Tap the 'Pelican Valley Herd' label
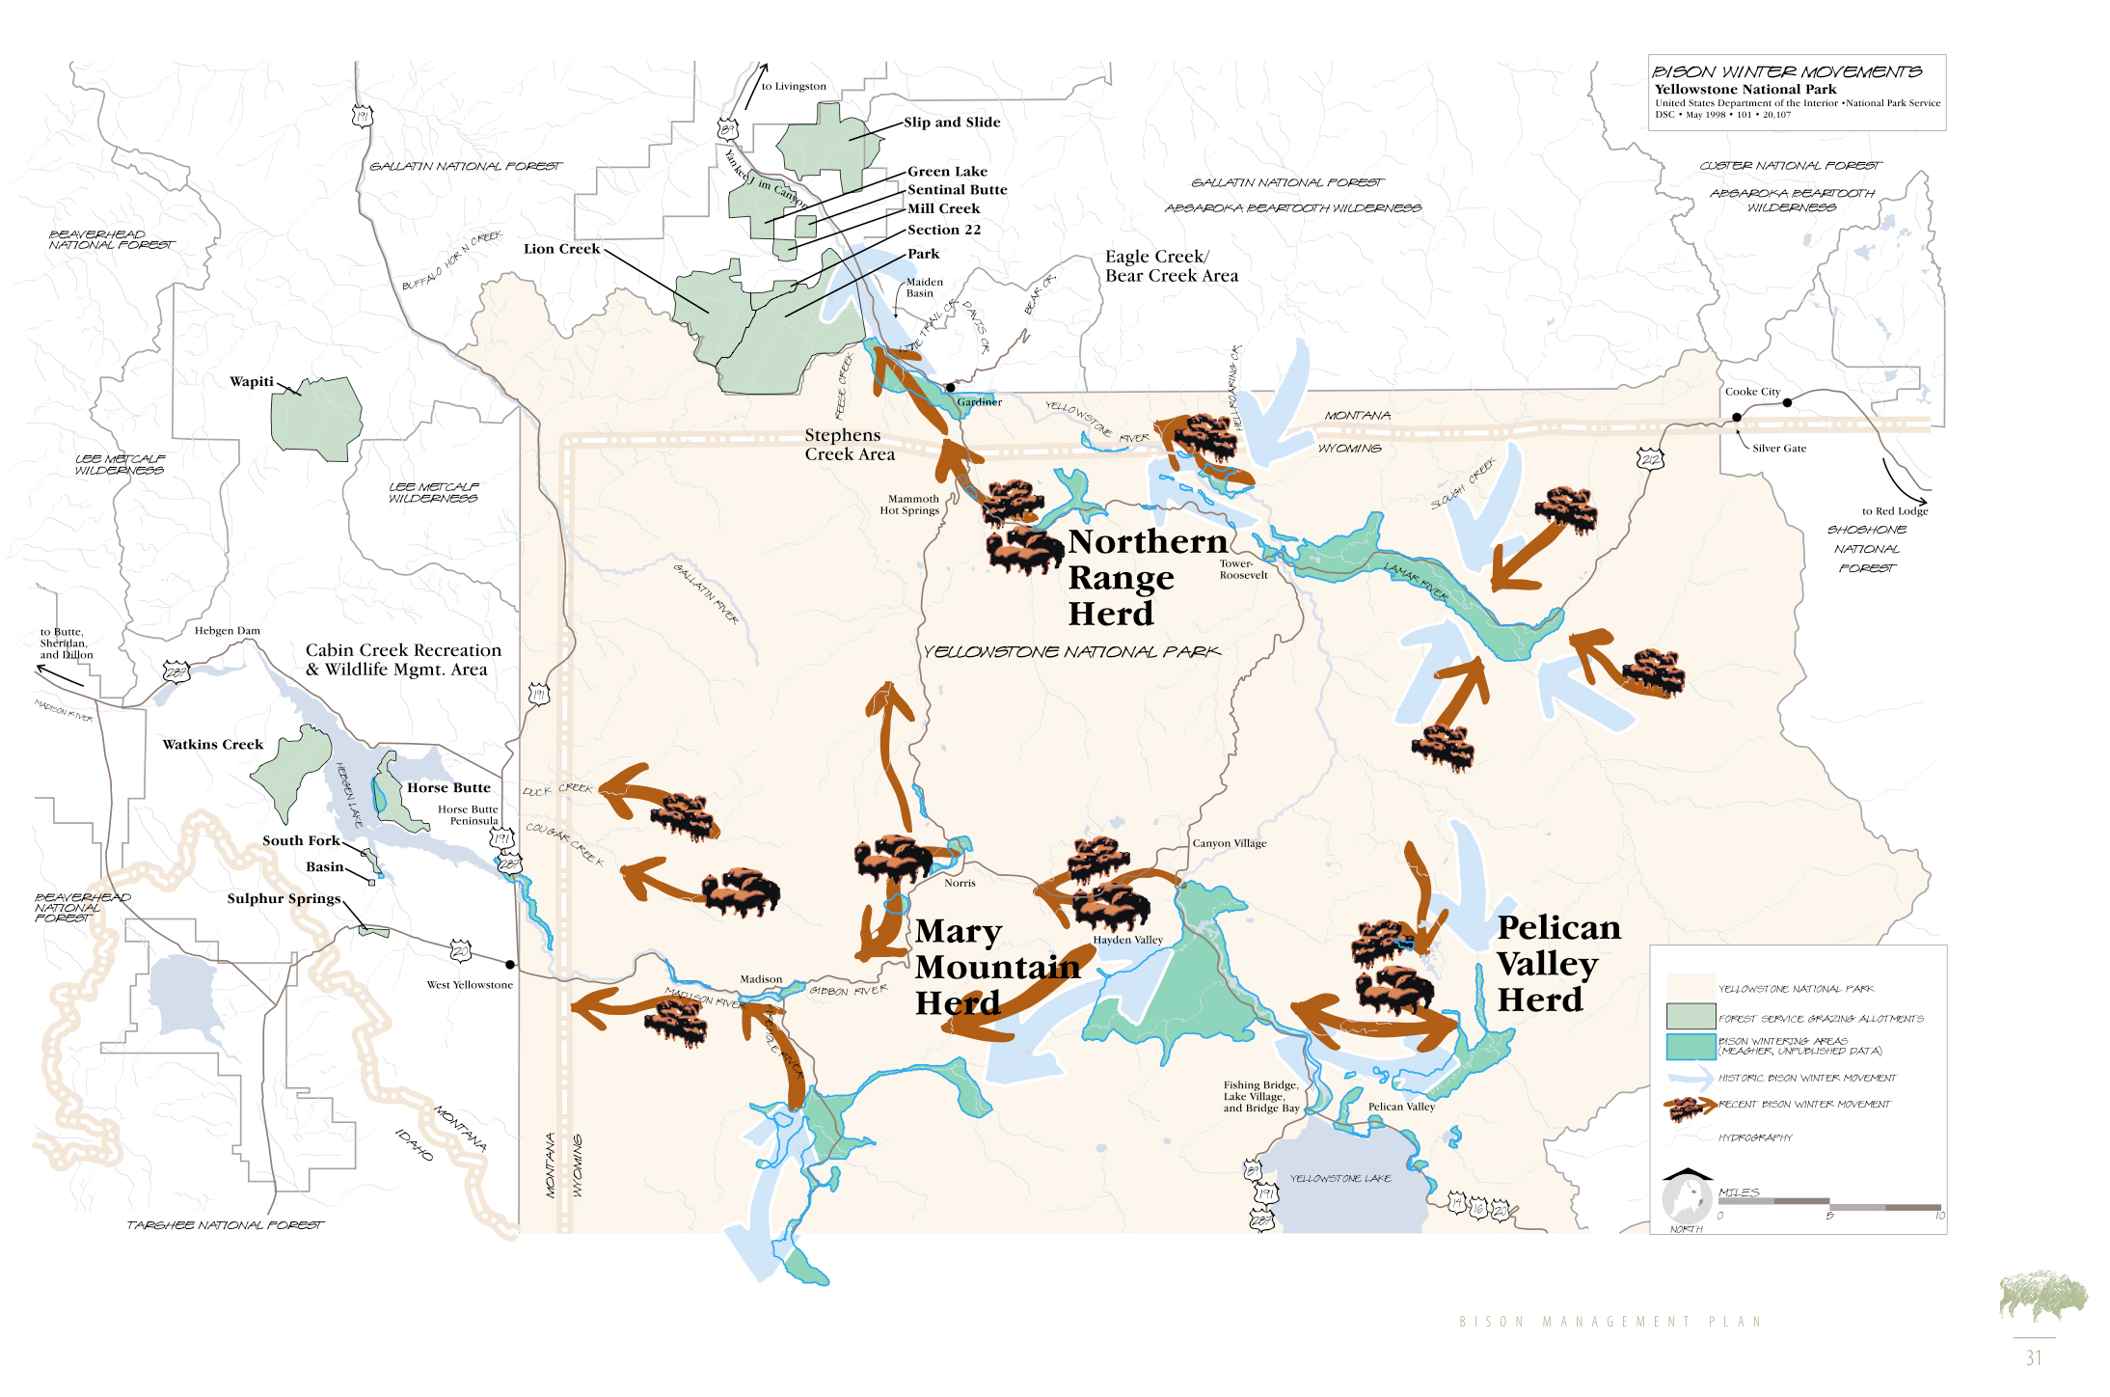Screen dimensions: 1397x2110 [x=1557, y=963]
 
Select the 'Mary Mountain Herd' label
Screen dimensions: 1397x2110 [x=995, y=967]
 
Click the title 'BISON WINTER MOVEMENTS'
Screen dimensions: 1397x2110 [x=1786, y=72]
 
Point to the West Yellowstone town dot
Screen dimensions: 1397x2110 [x=510, y=964]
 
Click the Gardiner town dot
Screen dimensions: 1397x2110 [x=950, y=388]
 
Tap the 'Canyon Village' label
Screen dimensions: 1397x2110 [x=1229, y=843]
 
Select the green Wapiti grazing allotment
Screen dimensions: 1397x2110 [x=315, y=419]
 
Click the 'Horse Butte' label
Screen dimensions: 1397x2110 [x=448, y=788]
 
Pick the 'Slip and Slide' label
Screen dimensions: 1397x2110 [x=952, y=123]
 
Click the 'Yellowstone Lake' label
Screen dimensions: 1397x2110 [x=1339, y=1178]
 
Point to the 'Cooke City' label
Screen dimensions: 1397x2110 [x=1752, y=392]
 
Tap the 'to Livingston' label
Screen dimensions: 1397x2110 [x=794, y=87]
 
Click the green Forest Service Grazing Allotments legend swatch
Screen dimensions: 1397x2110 [x=1691, y=1016]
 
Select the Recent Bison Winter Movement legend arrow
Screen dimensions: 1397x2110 [x=1690, y=1107]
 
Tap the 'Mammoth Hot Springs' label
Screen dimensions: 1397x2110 [x=909, y=505]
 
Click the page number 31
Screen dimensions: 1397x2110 [x=2033, y=1357]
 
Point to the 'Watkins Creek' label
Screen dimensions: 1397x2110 [x=212, y=745]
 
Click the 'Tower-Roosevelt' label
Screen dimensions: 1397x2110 [x=1242, y=569]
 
